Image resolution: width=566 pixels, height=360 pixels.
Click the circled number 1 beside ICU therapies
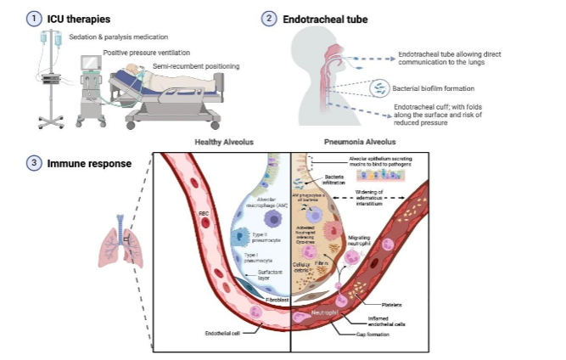[x=32, y=17]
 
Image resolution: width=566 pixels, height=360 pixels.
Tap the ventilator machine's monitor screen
[x=90, y=65]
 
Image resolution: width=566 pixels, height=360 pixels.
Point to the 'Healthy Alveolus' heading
[x=223, y=143]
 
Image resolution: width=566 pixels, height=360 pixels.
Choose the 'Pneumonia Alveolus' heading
[x=356, y=143]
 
